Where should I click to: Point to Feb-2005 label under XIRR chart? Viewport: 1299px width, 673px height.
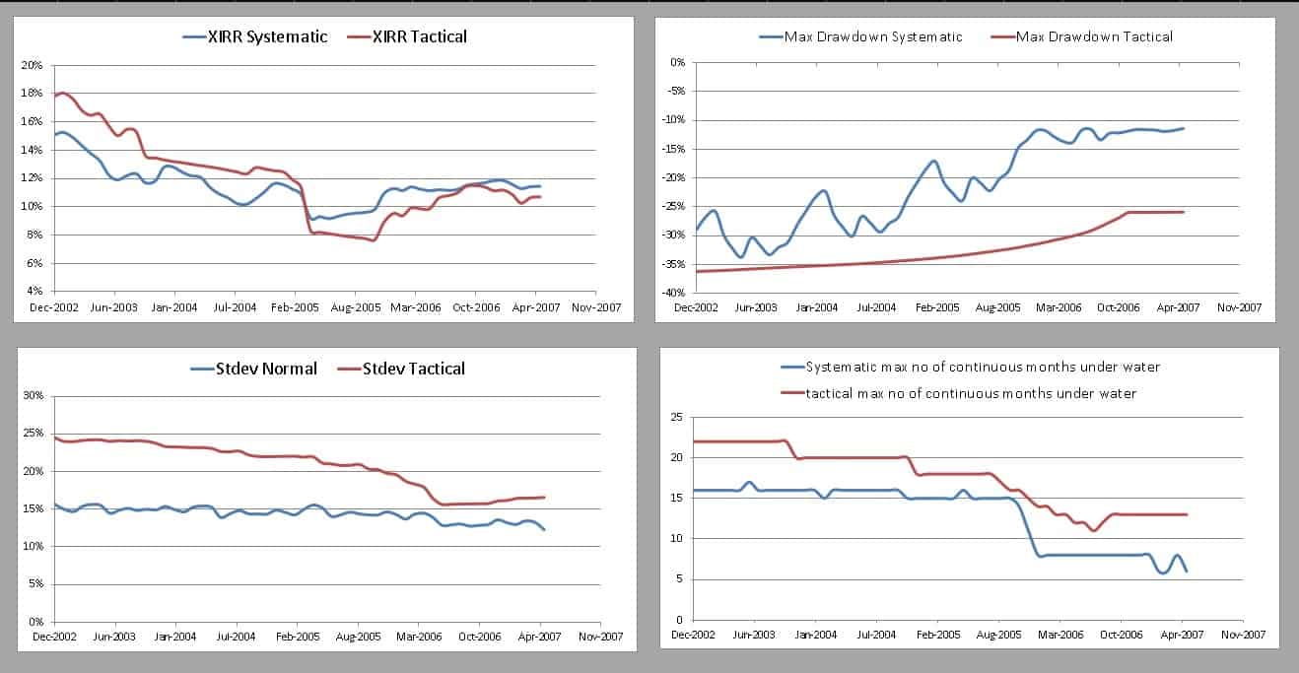[296, 306]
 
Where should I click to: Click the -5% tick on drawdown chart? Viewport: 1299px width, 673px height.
[675, 91]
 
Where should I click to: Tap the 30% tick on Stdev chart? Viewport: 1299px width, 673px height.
[33, 396]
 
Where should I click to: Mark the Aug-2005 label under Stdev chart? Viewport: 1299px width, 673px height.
[358, 637]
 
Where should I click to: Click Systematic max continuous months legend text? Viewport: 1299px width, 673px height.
[982, 367]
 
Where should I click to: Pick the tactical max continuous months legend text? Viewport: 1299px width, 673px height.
[970, 393]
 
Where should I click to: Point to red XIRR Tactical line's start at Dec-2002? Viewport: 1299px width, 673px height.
[56, 97]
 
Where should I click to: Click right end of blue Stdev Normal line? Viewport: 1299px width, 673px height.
[544, 529]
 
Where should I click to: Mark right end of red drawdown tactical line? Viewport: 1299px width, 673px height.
[1184, 212]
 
